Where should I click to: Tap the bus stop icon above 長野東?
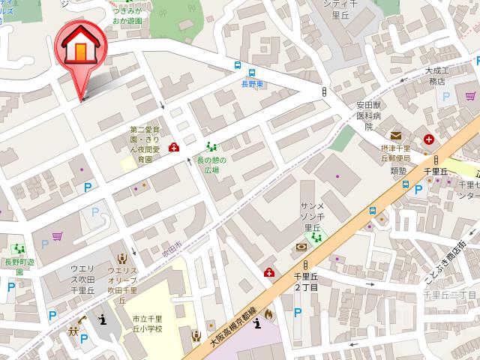click(x=238, y=66)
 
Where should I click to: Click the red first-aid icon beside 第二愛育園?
click(x=174, y=147)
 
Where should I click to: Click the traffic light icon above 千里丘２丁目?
click(x=306, y=265)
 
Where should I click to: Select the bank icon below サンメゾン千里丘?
click(x=301, y=247)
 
